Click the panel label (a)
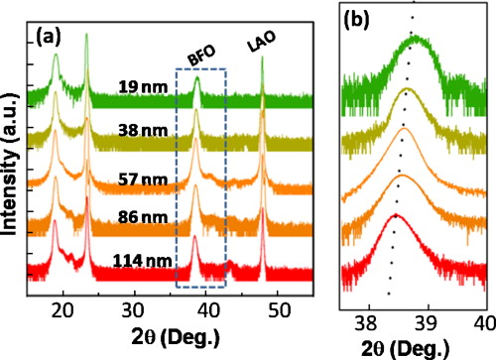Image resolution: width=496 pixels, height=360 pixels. click(51, 41)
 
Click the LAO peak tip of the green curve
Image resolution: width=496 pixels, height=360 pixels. click(263, 58)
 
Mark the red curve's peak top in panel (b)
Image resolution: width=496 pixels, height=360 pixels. click(396, 214)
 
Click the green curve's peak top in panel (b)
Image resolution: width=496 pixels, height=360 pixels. click(418, 39)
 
